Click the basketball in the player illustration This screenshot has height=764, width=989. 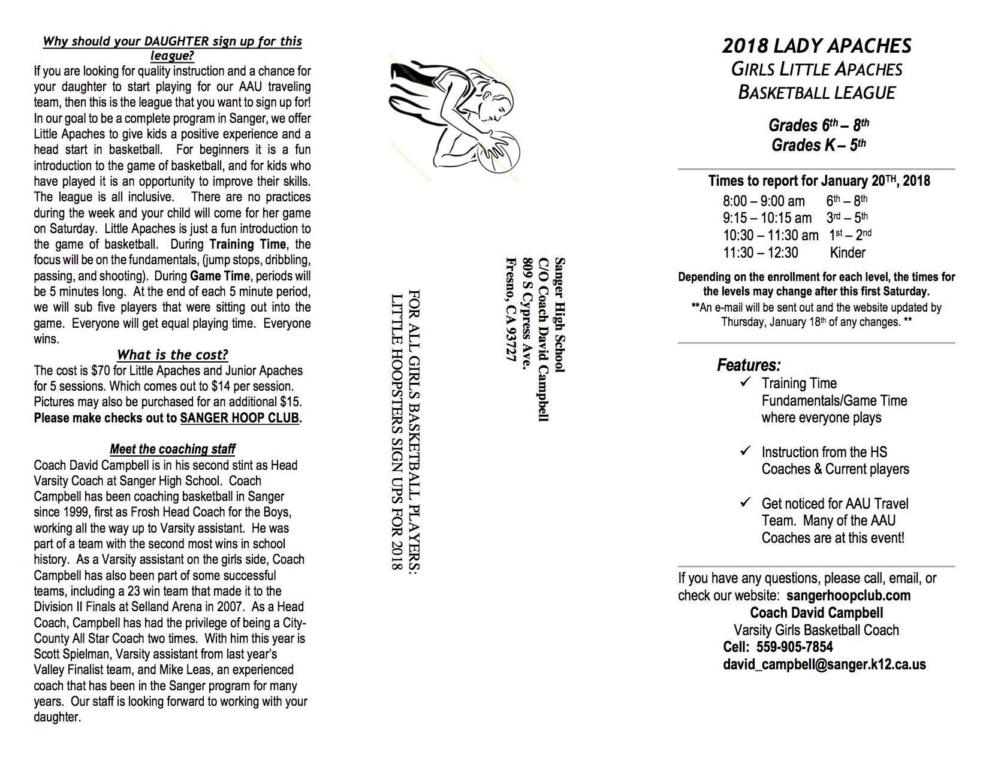click(497, 152)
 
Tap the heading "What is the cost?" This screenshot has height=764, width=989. click(173, 354)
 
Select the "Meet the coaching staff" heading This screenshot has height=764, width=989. click(173, 449)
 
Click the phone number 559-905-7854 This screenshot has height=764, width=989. click(795, 647)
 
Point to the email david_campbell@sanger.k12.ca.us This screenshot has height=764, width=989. click(825, 665)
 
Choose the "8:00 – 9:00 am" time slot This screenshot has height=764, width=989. click(764, 201)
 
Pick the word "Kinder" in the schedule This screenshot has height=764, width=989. click(848, 252)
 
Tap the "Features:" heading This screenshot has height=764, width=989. click(749, 365)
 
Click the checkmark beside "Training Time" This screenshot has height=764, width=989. click(746, 382)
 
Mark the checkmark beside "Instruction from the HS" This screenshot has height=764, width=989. click(746, 451)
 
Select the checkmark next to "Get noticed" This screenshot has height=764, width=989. click(746, 502)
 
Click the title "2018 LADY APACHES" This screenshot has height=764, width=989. click(816, 46)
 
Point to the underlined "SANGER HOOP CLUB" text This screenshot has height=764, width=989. click(240, 418)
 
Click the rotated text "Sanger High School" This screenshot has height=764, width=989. click(559, 315)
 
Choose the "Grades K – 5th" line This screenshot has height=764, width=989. click(818, 145)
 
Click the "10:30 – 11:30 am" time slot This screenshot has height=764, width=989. click(770, 235)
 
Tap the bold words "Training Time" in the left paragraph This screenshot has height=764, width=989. click(248, 244)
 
